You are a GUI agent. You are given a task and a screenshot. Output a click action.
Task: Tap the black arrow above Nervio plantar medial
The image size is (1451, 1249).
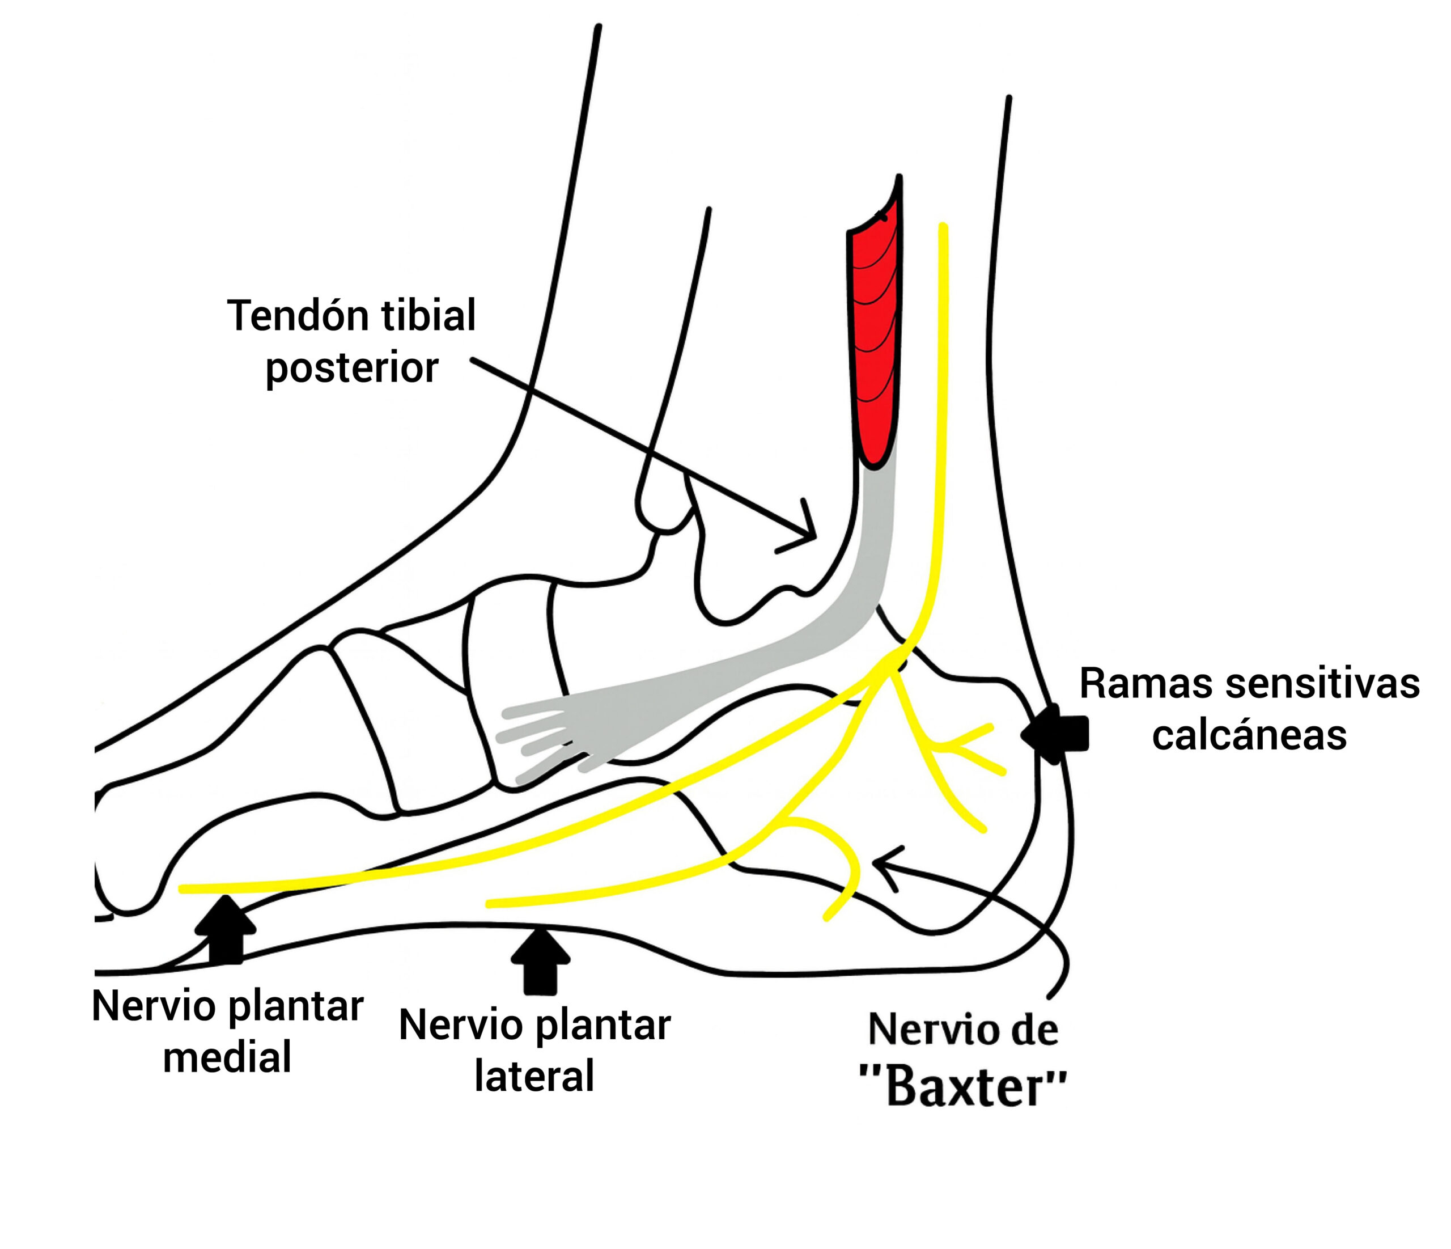pos(226,928)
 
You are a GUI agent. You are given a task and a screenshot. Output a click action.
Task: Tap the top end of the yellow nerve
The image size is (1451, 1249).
pos(943,228)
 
